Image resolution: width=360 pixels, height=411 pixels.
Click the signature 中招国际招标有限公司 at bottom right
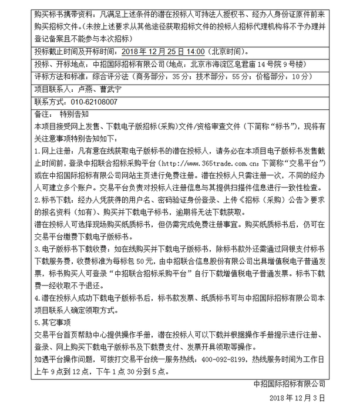[288, 384]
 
